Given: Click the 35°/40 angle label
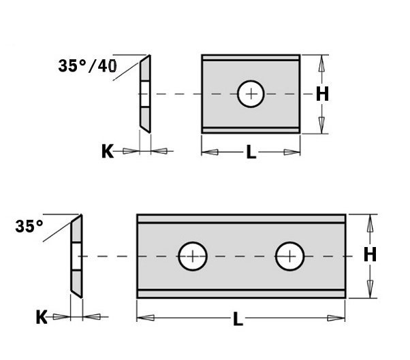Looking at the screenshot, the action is coord(87,66).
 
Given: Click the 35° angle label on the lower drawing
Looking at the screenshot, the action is coord(29,226).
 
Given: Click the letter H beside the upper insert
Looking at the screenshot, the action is coord(322,94).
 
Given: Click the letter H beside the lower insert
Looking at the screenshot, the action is coord(370,255).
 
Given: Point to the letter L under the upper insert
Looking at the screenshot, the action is coord(251,152).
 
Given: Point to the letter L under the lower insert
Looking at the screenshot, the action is coord(238,318).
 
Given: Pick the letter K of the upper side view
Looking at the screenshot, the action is coord(108,151).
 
